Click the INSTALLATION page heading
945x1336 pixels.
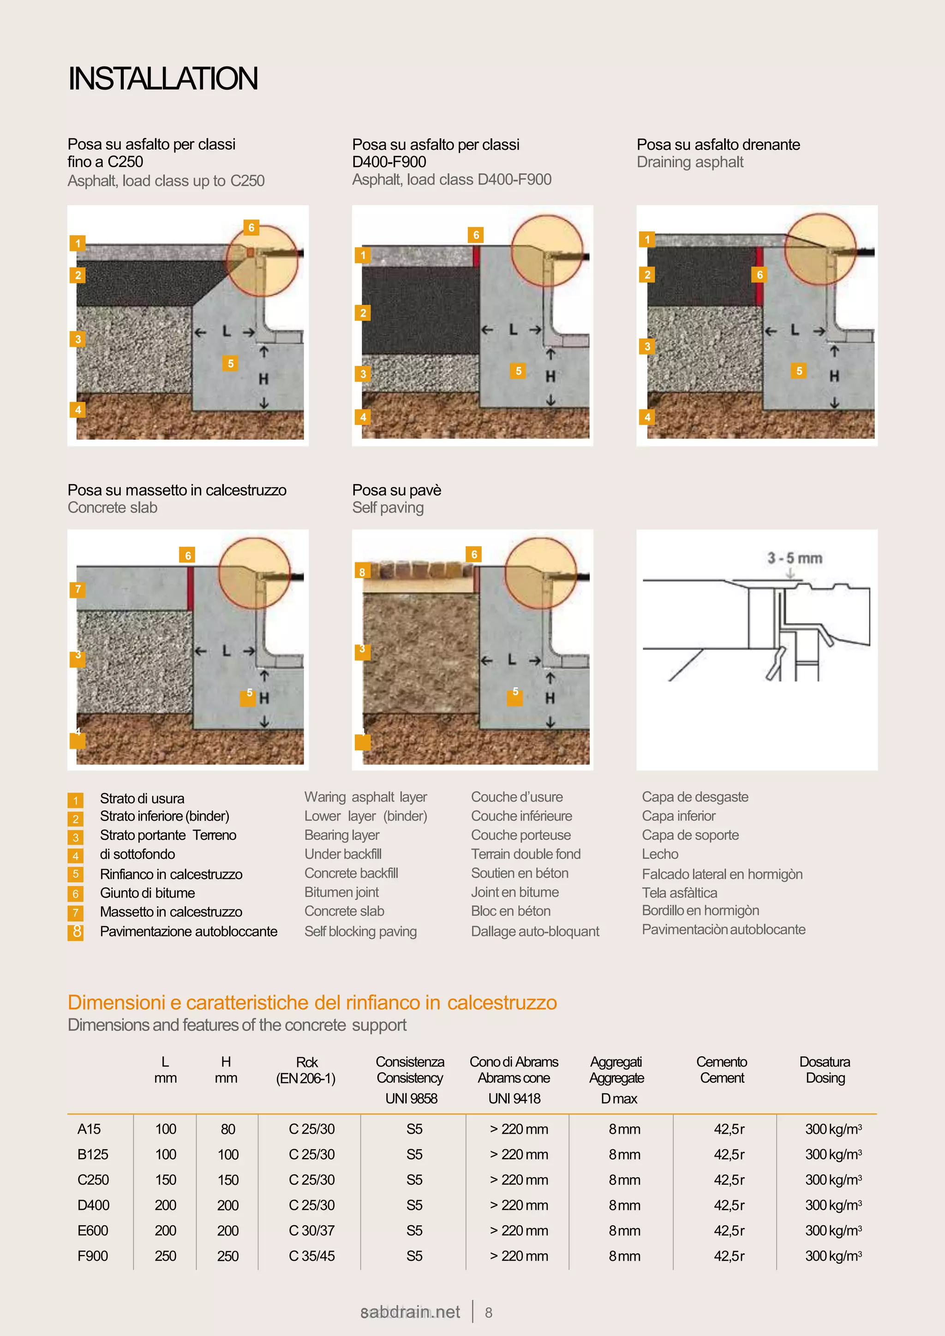[x=162, y=78]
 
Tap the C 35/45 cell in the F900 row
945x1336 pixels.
[x=311, y=1256]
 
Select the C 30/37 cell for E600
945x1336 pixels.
[x=311, y=1230]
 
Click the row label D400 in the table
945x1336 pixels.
[x=93, y=1205]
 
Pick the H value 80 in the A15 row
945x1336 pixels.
[x=227, y=1129]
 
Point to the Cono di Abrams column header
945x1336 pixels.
[x=514, y=1062]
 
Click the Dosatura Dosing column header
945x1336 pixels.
[x=825, y=1070]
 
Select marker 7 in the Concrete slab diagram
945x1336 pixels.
[x=78, y=589]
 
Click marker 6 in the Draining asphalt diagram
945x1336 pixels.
[x=759, y=275]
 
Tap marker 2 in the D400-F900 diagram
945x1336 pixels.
[x=363, y=313]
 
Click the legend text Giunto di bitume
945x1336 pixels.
[x=147, y=893]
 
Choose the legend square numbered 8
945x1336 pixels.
[x=76, y=932]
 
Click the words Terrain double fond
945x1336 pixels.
[x=525, y=854]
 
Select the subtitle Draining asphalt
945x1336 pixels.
[x=689, y=162]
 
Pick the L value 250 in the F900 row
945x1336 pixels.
[x=165, y=1256]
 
